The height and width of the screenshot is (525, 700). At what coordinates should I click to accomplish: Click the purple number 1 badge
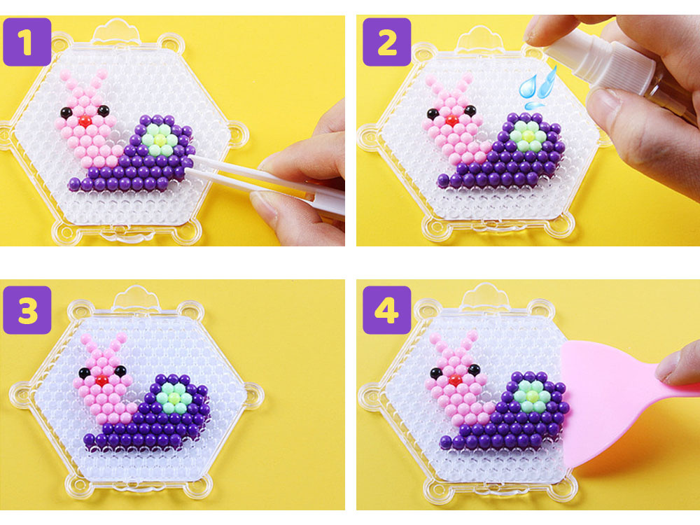27,42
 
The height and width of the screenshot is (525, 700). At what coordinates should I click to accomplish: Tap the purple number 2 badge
386,42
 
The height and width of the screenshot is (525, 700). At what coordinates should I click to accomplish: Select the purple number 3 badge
27,310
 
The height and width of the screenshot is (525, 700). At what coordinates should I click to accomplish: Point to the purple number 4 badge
386,310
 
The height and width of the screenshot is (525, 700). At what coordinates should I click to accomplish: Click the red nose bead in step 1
85,120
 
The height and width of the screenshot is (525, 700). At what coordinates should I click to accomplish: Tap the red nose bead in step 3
102,380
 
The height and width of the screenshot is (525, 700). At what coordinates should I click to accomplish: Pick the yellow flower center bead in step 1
160,140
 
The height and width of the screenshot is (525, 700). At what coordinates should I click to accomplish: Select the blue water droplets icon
537,87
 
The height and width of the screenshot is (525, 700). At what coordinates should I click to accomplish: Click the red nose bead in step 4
456,380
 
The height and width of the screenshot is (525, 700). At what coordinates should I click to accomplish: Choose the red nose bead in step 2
451,120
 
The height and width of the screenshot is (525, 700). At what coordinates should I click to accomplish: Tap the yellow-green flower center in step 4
532,395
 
